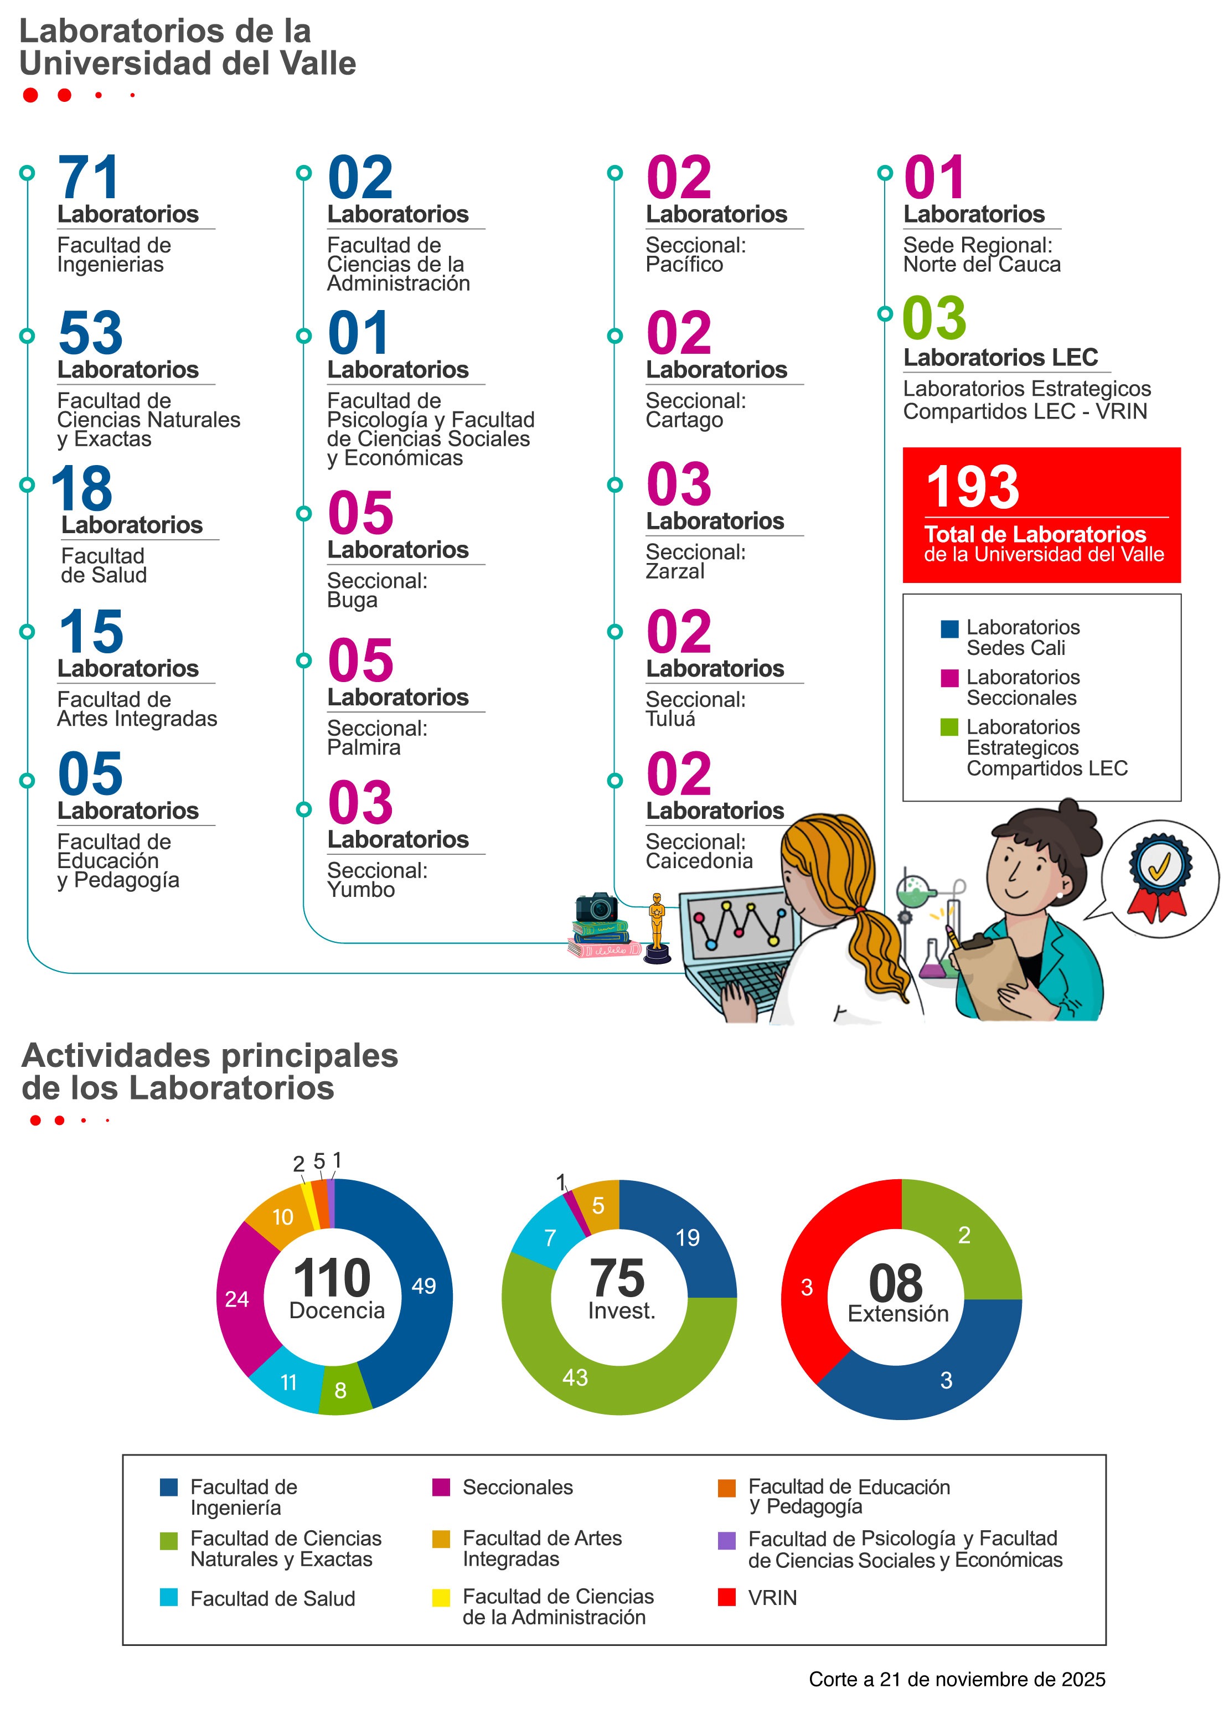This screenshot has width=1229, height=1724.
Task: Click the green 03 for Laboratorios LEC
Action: click(934, 319)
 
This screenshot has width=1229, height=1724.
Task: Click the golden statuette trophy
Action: click(657, 927)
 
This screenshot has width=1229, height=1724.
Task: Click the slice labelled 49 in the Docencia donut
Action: click(422, 1287)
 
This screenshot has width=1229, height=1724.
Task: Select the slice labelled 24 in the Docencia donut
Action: click(237, 1299)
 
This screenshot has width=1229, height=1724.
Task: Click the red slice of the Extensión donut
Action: click(808, 1287)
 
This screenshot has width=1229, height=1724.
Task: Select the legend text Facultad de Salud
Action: click(272, 1598)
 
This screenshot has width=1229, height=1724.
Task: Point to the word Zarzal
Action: click(674, 571)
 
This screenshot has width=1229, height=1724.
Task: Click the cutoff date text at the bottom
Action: click(957, 1679)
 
